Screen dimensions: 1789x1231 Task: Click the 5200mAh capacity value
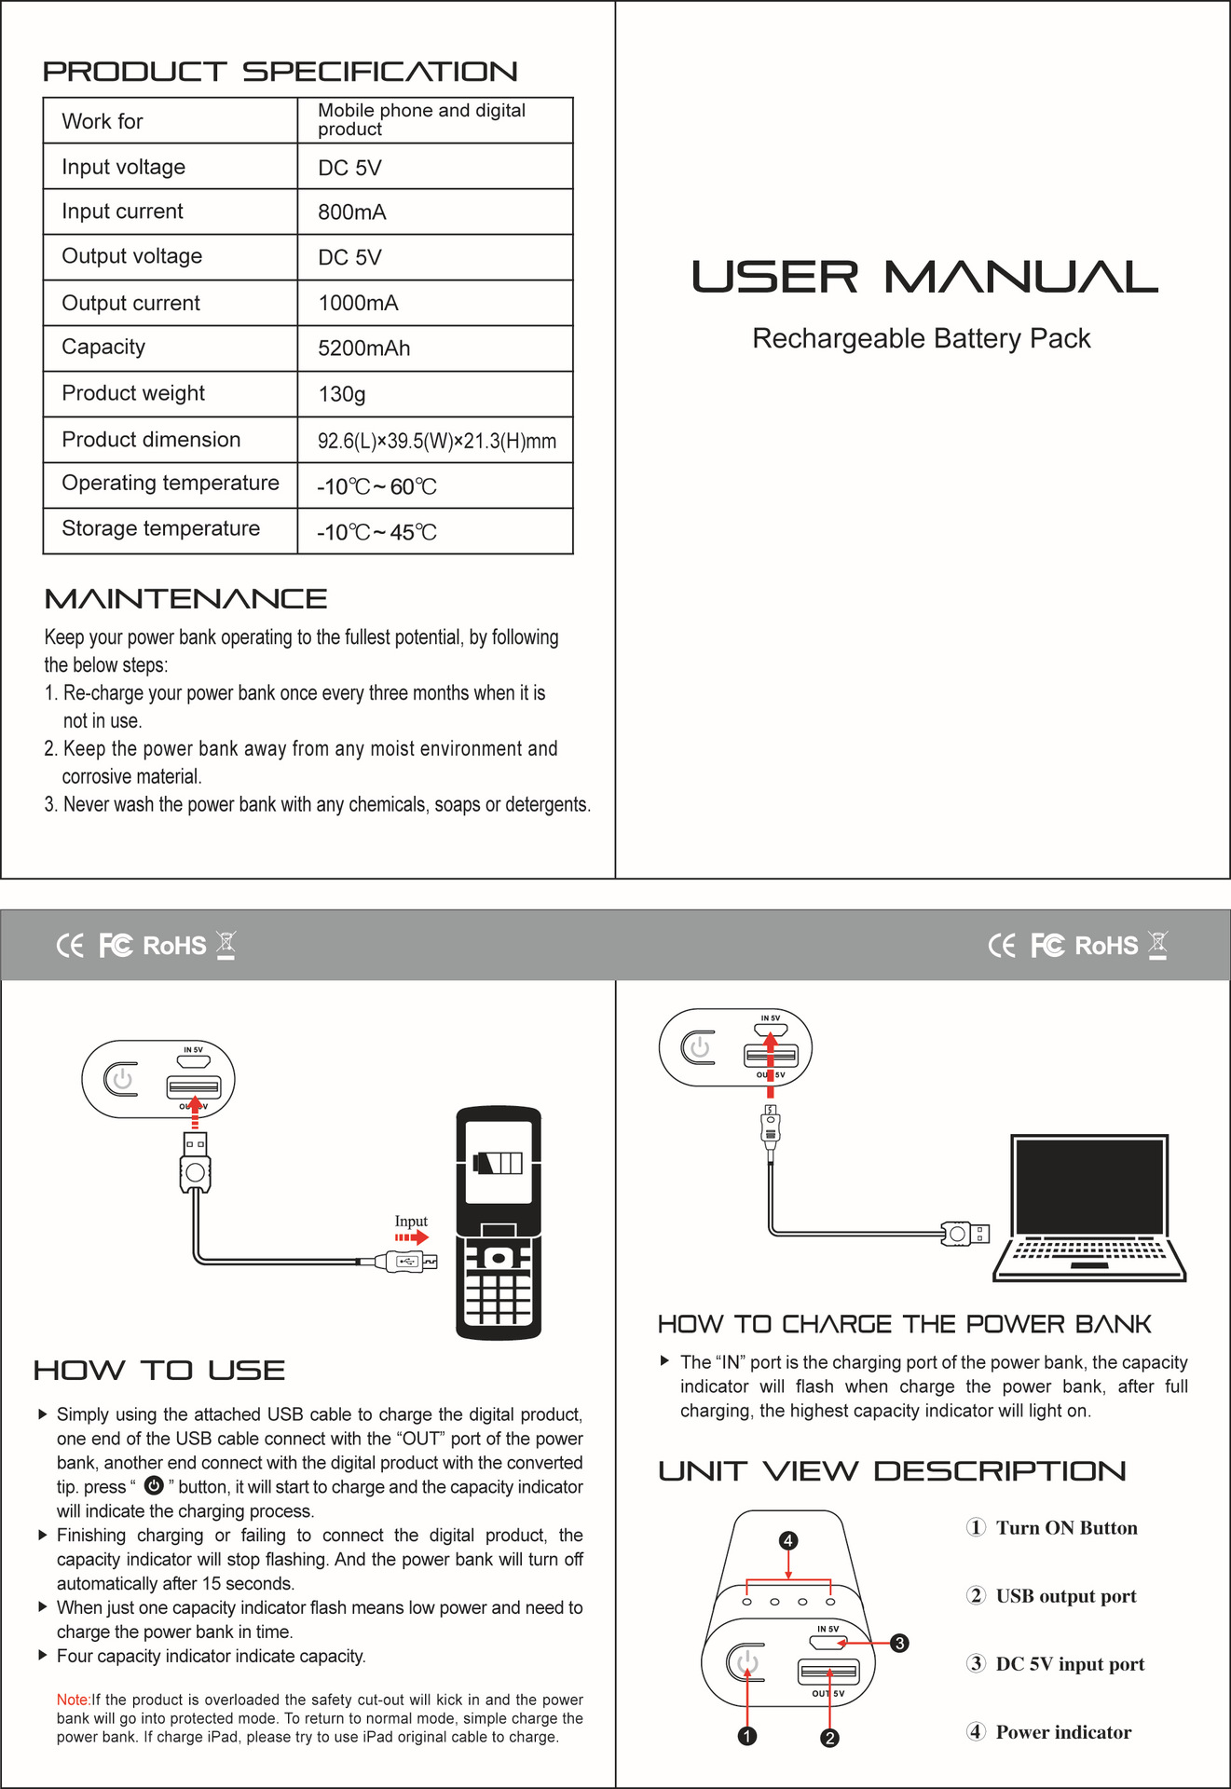pos(363,348)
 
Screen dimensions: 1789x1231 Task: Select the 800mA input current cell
pos(351,212)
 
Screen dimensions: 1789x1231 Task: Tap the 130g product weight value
pos(341,394)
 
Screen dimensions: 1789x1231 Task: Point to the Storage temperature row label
pos(160,528)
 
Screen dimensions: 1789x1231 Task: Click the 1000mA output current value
pos(358,303)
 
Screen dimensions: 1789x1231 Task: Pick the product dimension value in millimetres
pos(436,441)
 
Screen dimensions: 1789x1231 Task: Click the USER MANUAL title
pos(923,278)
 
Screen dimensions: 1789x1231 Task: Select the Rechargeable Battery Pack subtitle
pos(921,338)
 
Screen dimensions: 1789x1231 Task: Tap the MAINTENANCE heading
pos(185,599)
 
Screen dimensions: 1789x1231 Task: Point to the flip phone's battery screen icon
pos(498,1163)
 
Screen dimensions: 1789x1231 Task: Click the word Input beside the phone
pos(410,1221)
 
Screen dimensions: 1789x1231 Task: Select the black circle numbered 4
pos(788,1540)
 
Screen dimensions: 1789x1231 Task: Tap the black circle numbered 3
pos(899,1643)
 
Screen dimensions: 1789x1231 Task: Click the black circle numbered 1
pos(746,1736)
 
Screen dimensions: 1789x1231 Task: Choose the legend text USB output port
pos(1065,1596)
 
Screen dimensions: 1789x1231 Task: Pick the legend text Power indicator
pos(1063,1732)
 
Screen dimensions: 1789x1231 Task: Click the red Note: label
pos(73,1700)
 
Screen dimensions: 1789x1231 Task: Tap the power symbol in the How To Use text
pos(154,1485)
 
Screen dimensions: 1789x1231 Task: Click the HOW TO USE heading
pos(159,1371)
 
